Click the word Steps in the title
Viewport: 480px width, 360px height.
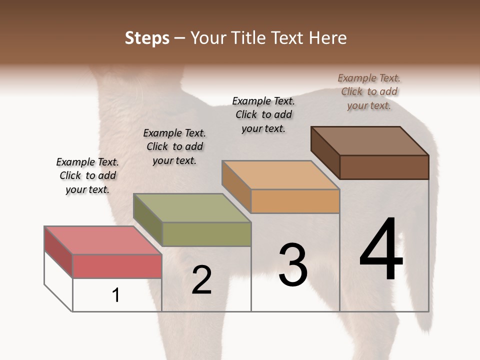tap(146, 38)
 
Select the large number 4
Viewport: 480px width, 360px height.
tap(381, 250)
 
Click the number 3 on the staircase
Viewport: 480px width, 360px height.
tap(292, 265)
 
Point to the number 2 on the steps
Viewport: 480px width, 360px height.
tap(201, 280)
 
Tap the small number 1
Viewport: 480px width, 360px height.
tap(116, 295)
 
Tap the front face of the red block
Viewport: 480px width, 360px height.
tap(117, 265)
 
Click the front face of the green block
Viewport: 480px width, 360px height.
tap(206, 234)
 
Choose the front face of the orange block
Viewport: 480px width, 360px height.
tap(295, 201)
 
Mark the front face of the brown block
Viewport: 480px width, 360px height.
tap(384, 167)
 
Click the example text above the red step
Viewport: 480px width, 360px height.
tap(87, 175)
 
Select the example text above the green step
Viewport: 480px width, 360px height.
tap(174, 146)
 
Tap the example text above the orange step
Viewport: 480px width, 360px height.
tap(263, 114)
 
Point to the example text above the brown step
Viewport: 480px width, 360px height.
tap(369, 91)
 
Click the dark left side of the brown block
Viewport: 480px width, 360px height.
tap(325, 152)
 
